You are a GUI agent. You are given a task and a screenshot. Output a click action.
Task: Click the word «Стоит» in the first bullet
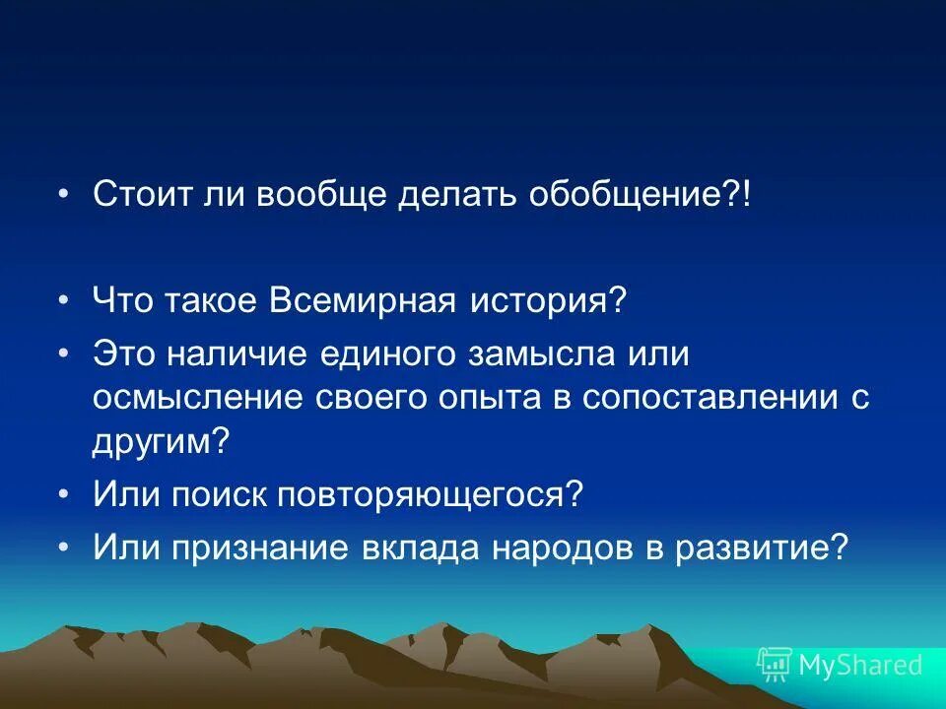[141, 194]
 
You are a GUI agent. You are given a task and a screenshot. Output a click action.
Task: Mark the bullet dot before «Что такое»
[64, 299]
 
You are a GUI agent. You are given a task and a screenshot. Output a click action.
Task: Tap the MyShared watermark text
[860, 665]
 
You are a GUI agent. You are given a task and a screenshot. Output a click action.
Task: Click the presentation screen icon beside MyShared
[775, 665]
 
